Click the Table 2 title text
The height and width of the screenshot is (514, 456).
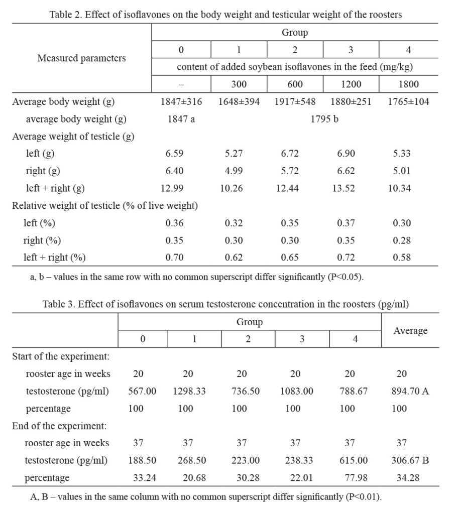[225, 15]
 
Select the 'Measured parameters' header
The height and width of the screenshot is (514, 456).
[82, 58]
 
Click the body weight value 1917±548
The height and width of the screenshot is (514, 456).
[295, 102]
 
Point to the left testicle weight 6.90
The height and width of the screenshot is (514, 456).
[350, 154]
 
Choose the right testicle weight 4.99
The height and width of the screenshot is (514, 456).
[238, 171]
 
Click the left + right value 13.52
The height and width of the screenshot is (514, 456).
[350, 188]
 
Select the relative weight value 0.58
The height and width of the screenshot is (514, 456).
[402, 258]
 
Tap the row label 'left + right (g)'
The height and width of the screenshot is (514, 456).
[56, 188]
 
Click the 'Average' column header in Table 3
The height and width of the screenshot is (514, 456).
[410, 331]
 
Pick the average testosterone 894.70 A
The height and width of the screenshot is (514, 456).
[409, 391]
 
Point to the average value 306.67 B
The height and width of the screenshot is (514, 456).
[409, 460]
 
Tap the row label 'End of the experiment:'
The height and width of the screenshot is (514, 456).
[61, 426]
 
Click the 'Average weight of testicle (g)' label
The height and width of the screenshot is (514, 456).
[73, 136]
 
